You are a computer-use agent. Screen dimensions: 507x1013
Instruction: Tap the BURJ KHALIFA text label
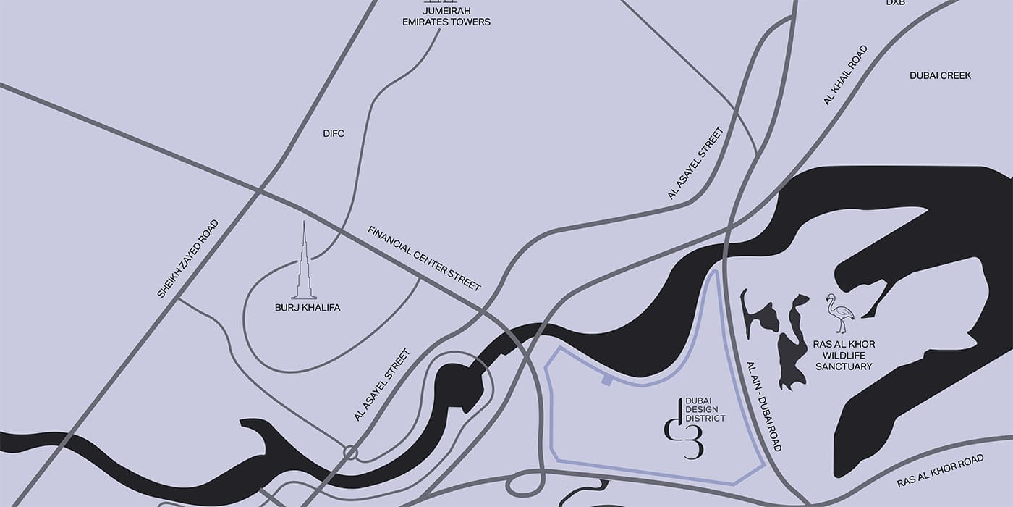[x=308, y=308]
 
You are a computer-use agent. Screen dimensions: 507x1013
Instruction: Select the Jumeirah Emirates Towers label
[x=446, y=17]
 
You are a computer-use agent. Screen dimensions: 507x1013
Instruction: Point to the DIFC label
[x=334, y=133]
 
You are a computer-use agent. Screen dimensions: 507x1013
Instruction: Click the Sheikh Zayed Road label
[x=187, y=259]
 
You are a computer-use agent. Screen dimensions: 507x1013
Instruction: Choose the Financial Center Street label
[x=424, y=259]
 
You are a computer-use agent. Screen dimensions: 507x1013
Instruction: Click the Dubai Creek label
[x=940, y=75]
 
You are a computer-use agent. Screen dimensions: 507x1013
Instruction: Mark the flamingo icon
[x=841, y=313]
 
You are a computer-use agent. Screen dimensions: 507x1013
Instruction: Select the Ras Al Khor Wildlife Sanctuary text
[x=844, y=356]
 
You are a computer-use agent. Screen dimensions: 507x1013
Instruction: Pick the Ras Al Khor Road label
[x=940, y=472]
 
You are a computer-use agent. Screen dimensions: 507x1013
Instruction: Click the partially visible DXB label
[x=896, y=3]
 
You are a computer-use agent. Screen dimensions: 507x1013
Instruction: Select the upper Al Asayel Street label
[x=695, y=163]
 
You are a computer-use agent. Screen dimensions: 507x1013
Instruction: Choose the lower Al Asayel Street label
[x=382, y=385]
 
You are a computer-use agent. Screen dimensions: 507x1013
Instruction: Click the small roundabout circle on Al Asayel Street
[x=351, y=453]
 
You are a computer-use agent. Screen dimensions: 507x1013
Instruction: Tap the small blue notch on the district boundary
[x=606, y=380]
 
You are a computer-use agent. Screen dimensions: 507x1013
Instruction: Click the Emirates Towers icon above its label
[x=446, y=4]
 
